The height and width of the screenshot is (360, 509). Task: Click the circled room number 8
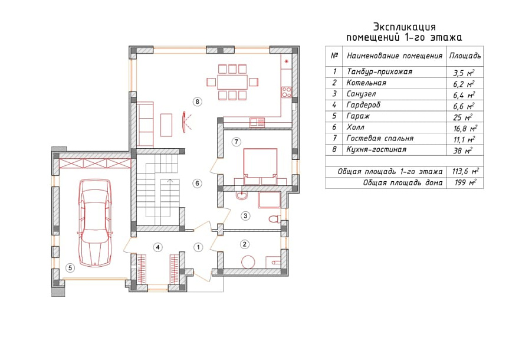click(198, 102)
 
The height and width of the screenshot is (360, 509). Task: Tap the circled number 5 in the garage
click(70, 268)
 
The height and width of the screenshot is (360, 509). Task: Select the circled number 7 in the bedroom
click(236, 142)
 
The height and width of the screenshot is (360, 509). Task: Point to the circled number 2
click(244, 244)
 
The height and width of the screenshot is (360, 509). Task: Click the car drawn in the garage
click(95, 223)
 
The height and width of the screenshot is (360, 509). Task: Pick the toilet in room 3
click(275, 219)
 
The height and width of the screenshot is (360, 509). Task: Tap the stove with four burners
click(286, 92)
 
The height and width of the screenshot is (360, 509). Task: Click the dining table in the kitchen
click(232, 81)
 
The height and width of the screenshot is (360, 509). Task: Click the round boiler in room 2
click(248, 262)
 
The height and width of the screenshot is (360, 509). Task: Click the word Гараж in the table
click(358, 116)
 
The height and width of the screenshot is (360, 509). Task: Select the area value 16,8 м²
click(465, 128)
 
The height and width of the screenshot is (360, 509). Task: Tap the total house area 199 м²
click(465, 182)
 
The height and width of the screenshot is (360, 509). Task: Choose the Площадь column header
click(465, 56)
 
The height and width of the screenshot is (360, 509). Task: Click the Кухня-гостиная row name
click(376, 149)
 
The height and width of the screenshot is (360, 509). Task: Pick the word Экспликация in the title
click(404, 27)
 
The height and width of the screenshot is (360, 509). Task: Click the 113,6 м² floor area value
click(465, 171)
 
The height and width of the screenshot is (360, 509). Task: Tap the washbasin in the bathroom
click(241, 195)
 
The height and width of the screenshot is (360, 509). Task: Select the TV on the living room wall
click(184, 122)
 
